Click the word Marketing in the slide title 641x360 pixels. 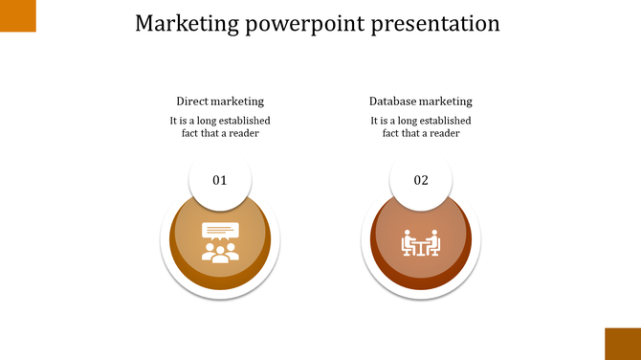coord(186,23)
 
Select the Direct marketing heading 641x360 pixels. coord(220,101)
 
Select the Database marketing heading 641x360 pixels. coord(421,101)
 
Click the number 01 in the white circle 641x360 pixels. coord(220,180)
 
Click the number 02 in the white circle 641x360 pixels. coord(421,180)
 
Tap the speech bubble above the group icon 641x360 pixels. coord(220,231)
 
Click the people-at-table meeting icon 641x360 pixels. coord(421,243)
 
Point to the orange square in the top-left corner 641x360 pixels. coord(17,15)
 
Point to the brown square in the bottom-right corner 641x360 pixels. coord(622,343)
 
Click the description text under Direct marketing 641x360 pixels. coord(220,127)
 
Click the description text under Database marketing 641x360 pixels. coord(421,127)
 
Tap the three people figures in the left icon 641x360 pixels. coord(220,253)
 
